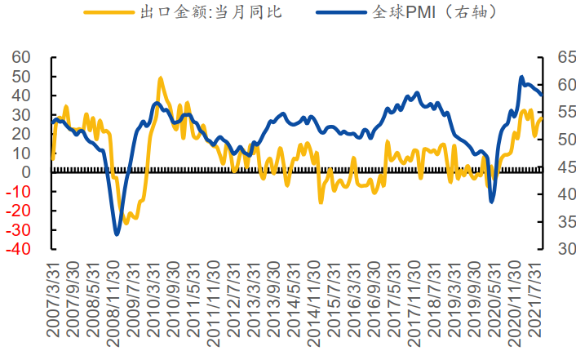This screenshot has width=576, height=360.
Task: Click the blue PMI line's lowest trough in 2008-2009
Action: point(117,234)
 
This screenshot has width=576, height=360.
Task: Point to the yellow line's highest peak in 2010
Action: point(160,78)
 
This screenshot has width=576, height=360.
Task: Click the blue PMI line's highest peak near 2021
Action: point(522,78)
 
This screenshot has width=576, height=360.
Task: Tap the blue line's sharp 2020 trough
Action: point(492,202)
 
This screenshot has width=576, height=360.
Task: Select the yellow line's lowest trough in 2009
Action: point(125,223)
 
